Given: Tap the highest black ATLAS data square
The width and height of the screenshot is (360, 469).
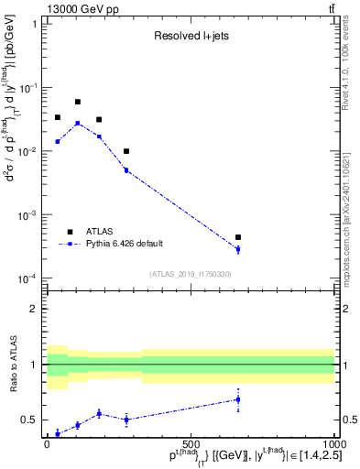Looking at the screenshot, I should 78,102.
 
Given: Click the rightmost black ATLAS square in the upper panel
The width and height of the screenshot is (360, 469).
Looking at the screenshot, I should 238,237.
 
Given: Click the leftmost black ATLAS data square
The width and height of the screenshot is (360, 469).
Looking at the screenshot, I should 58,117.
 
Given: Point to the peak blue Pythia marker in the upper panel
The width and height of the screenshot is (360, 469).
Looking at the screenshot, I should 78,123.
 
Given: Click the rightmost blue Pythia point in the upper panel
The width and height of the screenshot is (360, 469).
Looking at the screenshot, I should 238,249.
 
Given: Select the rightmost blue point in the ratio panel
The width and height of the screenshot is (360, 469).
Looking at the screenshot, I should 238,399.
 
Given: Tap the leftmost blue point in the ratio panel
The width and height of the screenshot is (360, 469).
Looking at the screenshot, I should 58,433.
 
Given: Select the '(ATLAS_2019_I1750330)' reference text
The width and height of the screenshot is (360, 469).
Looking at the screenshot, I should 191,274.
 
